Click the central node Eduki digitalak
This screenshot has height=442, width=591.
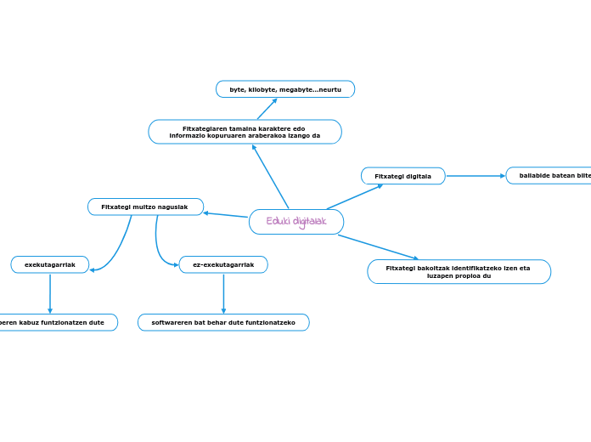(296, 222)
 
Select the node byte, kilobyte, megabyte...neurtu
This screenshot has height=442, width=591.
(285, 89)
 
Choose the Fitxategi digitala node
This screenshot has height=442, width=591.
(402, 176)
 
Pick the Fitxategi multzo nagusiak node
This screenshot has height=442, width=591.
(145, 207)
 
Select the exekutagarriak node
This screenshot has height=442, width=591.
(50, 264)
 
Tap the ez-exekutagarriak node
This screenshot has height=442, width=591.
(223, 264)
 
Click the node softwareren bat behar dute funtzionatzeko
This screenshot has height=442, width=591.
(223, 322)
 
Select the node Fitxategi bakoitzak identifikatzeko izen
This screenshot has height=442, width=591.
(459, 271)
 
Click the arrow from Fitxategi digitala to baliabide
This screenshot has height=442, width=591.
(476, 176)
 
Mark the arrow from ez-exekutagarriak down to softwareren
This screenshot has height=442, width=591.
(223, 293)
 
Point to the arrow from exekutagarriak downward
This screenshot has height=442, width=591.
(50, 293)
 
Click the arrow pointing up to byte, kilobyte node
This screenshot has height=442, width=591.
(267, 109)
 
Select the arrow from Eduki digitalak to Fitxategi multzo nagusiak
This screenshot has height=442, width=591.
(226, 215)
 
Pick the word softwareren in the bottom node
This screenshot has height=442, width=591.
(172, 322)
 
